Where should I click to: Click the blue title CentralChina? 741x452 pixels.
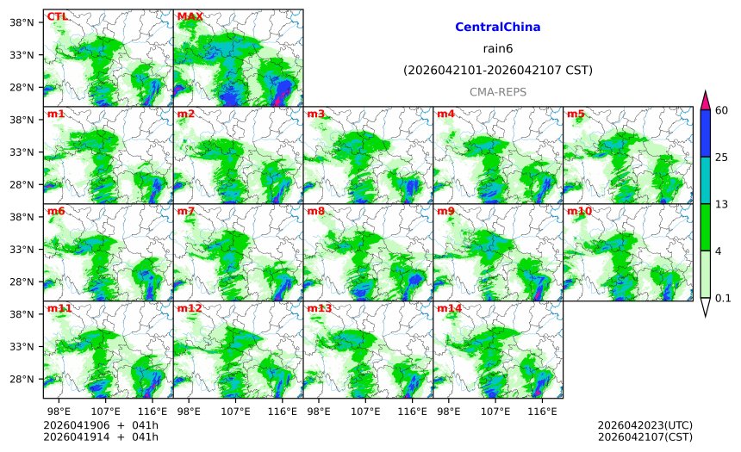pyautogui.click(x=497, y=28)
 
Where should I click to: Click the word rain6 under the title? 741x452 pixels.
pyautogui.click(x=497, y=48)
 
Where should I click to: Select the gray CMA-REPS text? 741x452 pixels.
pyautogui.click(x=497, y=91)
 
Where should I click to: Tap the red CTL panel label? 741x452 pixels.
pyautogui.click(x=57, y=16)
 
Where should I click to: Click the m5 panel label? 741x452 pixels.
pyautogui.click(x=576, y=114)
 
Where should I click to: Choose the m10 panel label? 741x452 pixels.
pyautogui.click(x=579, y=211)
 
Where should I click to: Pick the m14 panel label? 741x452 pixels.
pyautogui.click(x=449, y=308)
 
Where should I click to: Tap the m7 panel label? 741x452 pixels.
pyautogui.click(x=186, y=211)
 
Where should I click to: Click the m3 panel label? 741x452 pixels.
pyautogui.click(x=315, y=114)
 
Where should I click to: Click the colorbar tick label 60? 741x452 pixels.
pyautogui.click(x=723, y=110)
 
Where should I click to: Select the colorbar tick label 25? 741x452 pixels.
pyautogui.click(x=723, y=157)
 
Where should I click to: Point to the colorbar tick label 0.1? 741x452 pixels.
pyautogui.click(x=724, y=298)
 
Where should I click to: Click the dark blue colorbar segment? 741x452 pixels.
pyautogui.click(x=705, y=133)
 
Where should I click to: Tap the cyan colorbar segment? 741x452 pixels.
pyautogui.click(x=705, y=180)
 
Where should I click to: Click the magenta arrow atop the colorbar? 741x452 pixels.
pyautogui.click(x=705, y=100)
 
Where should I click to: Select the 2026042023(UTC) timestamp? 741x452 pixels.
pyautogui.click(x=644, y=425)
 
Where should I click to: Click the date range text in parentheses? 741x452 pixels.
pyautogui.click(x=497, y=70)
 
